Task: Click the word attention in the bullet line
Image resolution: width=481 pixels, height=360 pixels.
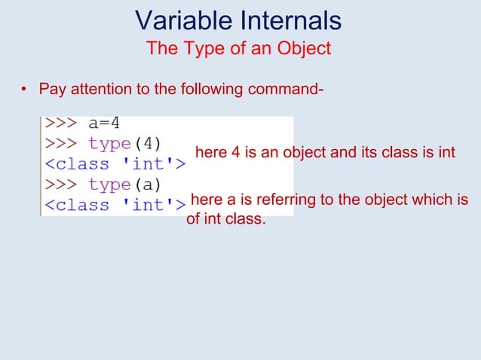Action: click(x=101, y=90)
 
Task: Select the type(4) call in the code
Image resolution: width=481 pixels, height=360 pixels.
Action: click(x=129, y=142)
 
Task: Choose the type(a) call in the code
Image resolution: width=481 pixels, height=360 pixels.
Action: click(x=129, y=184)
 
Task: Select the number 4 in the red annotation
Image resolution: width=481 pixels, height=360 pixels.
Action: click(x=235, y=153)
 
